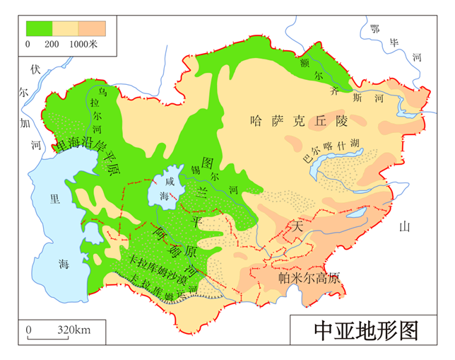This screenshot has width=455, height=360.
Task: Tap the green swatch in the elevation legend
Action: (x=39, y=28)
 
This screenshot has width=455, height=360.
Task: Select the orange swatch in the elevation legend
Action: (x=92, y=28)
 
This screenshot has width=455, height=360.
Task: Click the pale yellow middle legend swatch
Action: (x=65, y=28)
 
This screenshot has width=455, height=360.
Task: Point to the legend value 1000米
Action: (x=83, y=44)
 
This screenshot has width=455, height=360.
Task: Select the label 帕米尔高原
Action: (x=309, y=277)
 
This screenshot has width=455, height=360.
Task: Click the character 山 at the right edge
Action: (x=404, y=226)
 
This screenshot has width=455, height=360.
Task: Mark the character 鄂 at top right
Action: (x=374, y=28)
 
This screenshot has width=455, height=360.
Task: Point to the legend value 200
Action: (x=51, y=44)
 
